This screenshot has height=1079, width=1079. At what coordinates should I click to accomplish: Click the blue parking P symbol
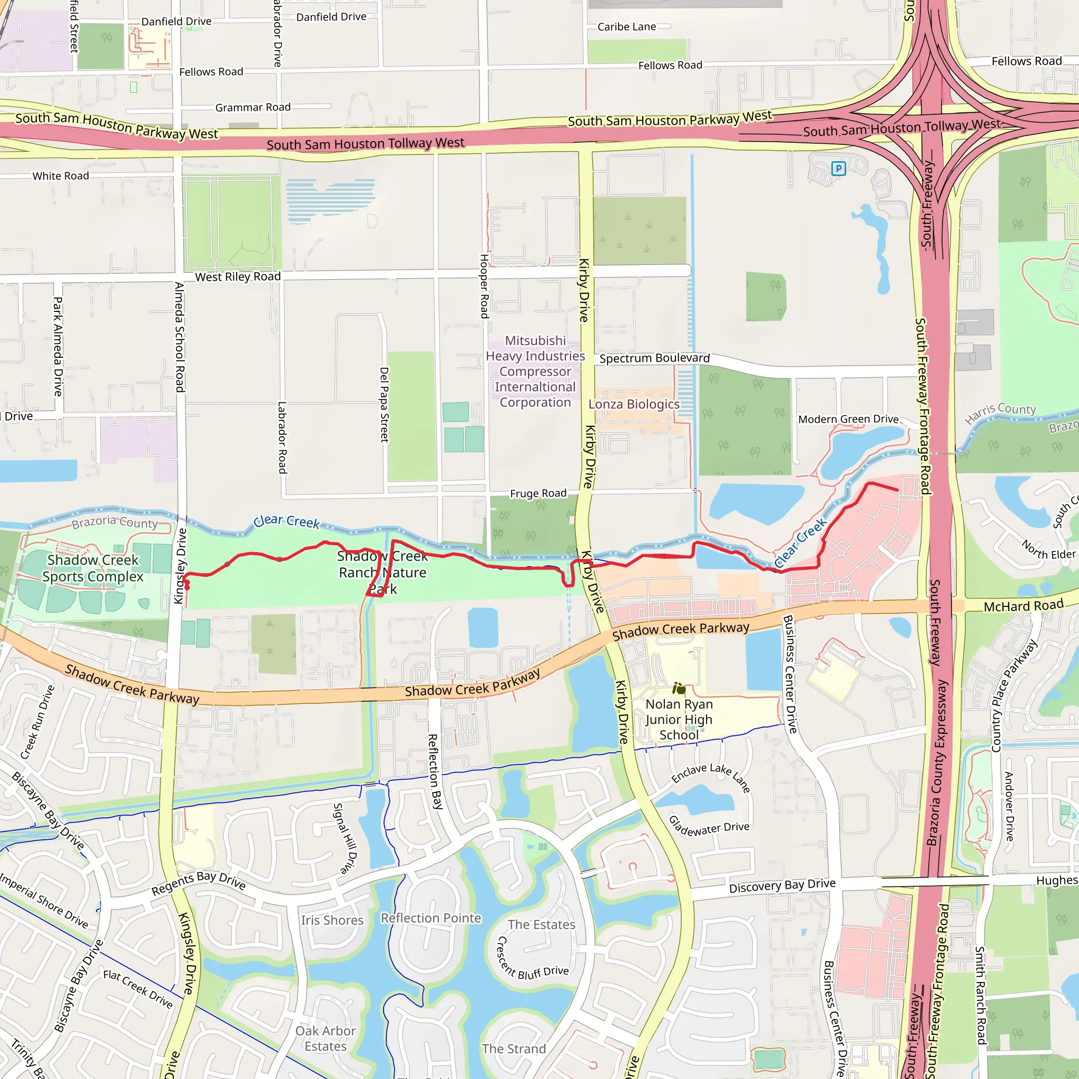pyautogui.click(x=838, y=168)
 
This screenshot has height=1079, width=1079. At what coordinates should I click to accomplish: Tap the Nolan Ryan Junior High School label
pyautogui.click(x=679, y=719)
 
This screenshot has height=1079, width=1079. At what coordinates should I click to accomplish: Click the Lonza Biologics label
pyautogui.click(x=634, y=404)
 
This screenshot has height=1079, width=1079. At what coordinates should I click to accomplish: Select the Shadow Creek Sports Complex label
pyautogui.click(x=93, y=568)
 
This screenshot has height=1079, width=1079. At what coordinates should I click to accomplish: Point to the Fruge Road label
pyautogui.click(x=538, y=493)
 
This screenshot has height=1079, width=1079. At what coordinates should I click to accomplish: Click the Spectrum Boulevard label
pyautogui.click(x=654, y=358)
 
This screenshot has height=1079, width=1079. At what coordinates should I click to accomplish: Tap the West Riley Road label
pyautogui.click(x=238, y=277)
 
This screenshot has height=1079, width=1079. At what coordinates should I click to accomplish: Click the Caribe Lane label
pyautogui.click(x=626, y=26)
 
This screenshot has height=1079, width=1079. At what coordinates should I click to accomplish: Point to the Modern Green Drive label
pyautogui.click(x=848, y=419)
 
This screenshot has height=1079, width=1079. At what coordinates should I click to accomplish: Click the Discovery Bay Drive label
pyautogui.click(x=782, y=885)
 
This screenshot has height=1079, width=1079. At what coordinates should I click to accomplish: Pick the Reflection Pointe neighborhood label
pyautogui.click(x=430, y=918)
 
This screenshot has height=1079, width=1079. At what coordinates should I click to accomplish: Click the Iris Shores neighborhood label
pyautogui.click(x=332, y=920)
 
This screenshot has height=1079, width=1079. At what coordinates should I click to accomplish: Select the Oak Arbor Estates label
pyautogui.click(x=326, y=1038)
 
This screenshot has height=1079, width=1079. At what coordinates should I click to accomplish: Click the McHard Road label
pyautogui.click(x=1023, y=605)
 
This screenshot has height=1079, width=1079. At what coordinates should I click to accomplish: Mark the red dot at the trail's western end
pyautogui.click(x=188, y=586)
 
